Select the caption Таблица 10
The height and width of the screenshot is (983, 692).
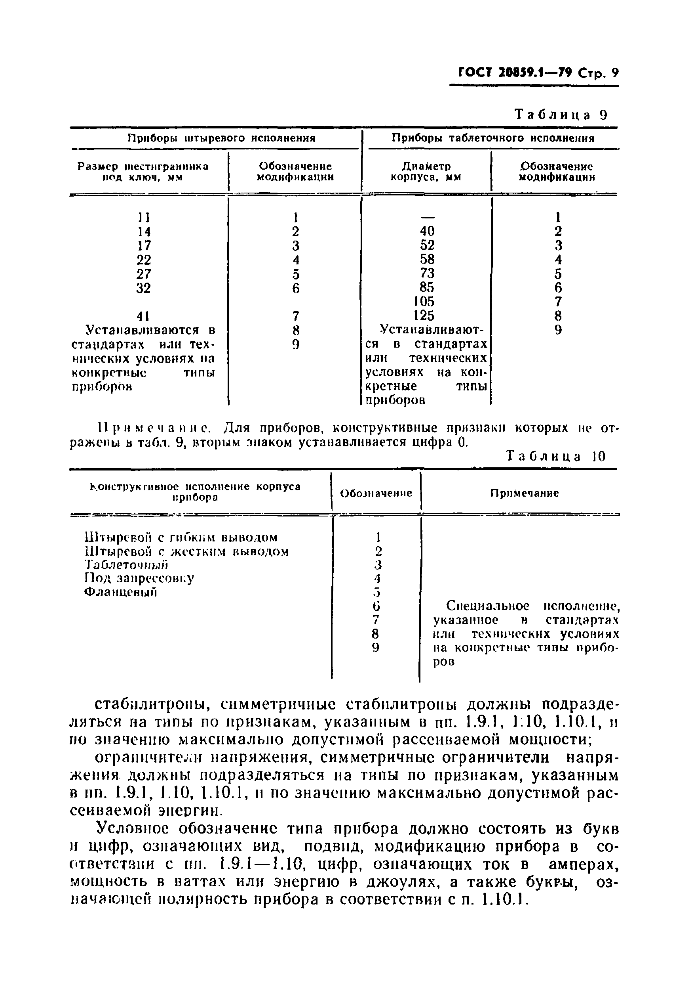(556, 456)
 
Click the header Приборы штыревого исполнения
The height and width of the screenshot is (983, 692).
(222, 138)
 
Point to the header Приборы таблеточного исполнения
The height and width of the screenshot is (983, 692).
(493, 138)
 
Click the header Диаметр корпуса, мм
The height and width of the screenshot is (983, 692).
(426, 171)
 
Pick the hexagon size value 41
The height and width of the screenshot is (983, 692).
(144, 316)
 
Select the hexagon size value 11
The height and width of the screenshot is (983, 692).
(144, 218)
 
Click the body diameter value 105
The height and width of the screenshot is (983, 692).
(424, 301)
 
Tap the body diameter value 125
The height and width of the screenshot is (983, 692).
(424, 316)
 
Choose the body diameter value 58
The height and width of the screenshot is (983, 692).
(427, 259)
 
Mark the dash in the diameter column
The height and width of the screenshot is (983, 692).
(427, 216)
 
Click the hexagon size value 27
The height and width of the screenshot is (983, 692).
(144, 273)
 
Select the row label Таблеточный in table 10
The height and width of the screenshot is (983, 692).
(126, 565)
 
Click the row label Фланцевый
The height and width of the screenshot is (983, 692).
(121, 592)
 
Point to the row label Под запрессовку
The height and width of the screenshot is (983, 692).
(139, 578)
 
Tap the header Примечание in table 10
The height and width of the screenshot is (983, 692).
(525, 493)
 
